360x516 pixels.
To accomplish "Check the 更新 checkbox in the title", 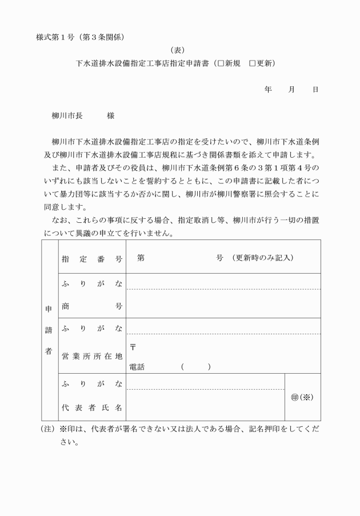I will pyautogui.click(x=252, y=63).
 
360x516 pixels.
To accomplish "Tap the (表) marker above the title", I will pyautogui.click(x=179, y=50).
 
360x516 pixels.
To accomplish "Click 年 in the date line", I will pyautogui.click(x=268, y=90).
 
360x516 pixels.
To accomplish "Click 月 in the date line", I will pyautogui.click(x=292, y=90).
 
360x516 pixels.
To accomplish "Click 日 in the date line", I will pyautogui.click(x=315, y=90).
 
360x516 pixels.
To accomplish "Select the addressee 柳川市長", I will pyautogui.click(x=67, y=115).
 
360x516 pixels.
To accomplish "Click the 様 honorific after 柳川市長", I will pyautogui.click(x=110, y=115).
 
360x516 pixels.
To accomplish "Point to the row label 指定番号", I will pyautogui.click(x=91, y=259).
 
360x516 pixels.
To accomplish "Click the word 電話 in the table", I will pyautogui.click(x=137, y=367).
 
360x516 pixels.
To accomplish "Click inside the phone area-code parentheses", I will pyautogui.click(x=195, y=367).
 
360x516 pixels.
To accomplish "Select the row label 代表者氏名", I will pyautogui.click(x=91, y=408).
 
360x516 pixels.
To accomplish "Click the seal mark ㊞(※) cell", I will pyautogui.click(x=302, y=397).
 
